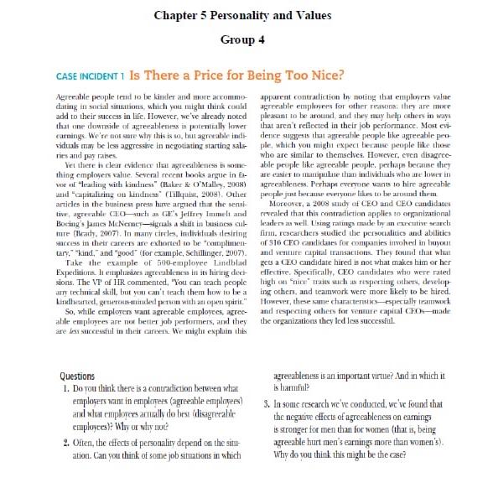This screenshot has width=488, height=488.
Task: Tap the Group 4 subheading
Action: [x=243, y=39]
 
